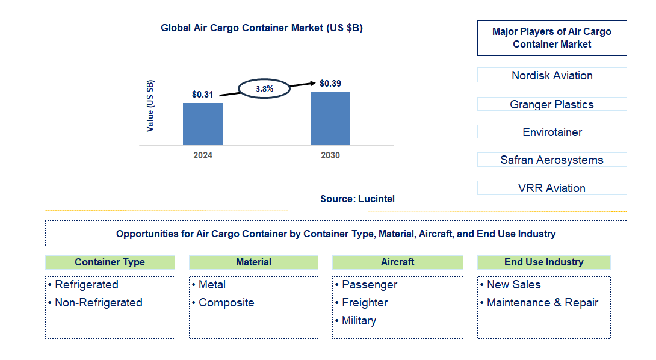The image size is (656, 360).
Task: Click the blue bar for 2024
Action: tap(203, 124)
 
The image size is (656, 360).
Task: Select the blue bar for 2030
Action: tap(330, 119)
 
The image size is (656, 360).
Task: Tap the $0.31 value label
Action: tap(202, 95)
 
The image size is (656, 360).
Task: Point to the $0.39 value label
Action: tap(330, 84)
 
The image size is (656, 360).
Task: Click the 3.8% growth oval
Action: tap(265, 88)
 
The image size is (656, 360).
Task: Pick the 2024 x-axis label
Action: tap(203, 155)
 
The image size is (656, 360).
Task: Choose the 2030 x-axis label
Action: tap(330, 155)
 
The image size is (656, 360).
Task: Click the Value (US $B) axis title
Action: tap(150, 106)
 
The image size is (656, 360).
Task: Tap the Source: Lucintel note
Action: tap(357, 199)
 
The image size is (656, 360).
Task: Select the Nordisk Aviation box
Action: tap(552, 75)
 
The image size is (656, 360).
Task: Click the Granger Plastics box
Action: tap(552, 104)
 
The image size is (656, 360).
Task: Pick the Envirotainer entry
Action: tap(552, 132)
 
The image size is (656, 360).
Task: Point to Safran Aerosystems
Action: tap(552, 160)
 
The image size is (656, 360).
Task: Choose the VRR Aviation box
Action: tap(552, 188)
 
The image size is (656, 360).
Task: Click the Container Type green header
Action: tap(110, 262)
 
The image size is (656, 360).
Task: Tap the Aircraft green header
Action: tap(397, 262)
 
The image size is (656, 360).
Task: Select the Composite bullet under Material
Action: tap(226, 303)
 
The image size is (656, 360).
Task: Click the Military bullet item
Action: tap(359, 321)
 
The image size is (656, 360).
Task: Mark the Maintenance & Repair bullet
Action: tap(542, 303)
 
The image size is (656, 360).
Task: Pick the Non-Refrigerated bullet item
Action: tap(98, 303)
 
